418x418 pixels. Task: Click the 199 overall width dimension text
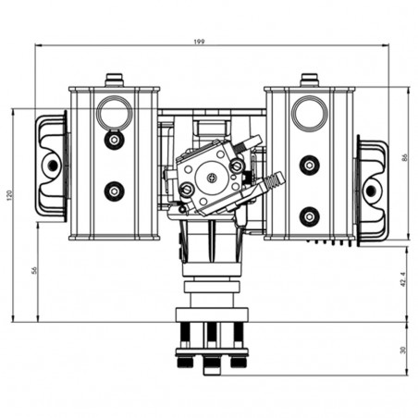click(200, 42)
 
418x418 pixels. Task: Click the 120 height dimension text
click(9, 195)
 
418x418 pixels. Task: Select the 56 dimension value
click(34, 270)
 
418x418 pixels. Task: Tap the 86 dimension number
click(405, 157)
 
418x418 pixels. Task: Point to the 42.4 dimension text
click(403, 279)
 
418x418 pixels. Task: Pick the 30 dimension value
click(403, 350)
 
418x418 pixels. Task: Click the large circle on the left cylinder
click(115, 112)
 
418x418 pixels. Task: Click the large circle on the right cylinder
click(310, 112)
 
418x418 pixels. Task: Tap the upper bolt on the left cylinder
click(115, 141)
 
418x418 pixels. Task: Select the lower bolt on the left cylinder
click(115, 191)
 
